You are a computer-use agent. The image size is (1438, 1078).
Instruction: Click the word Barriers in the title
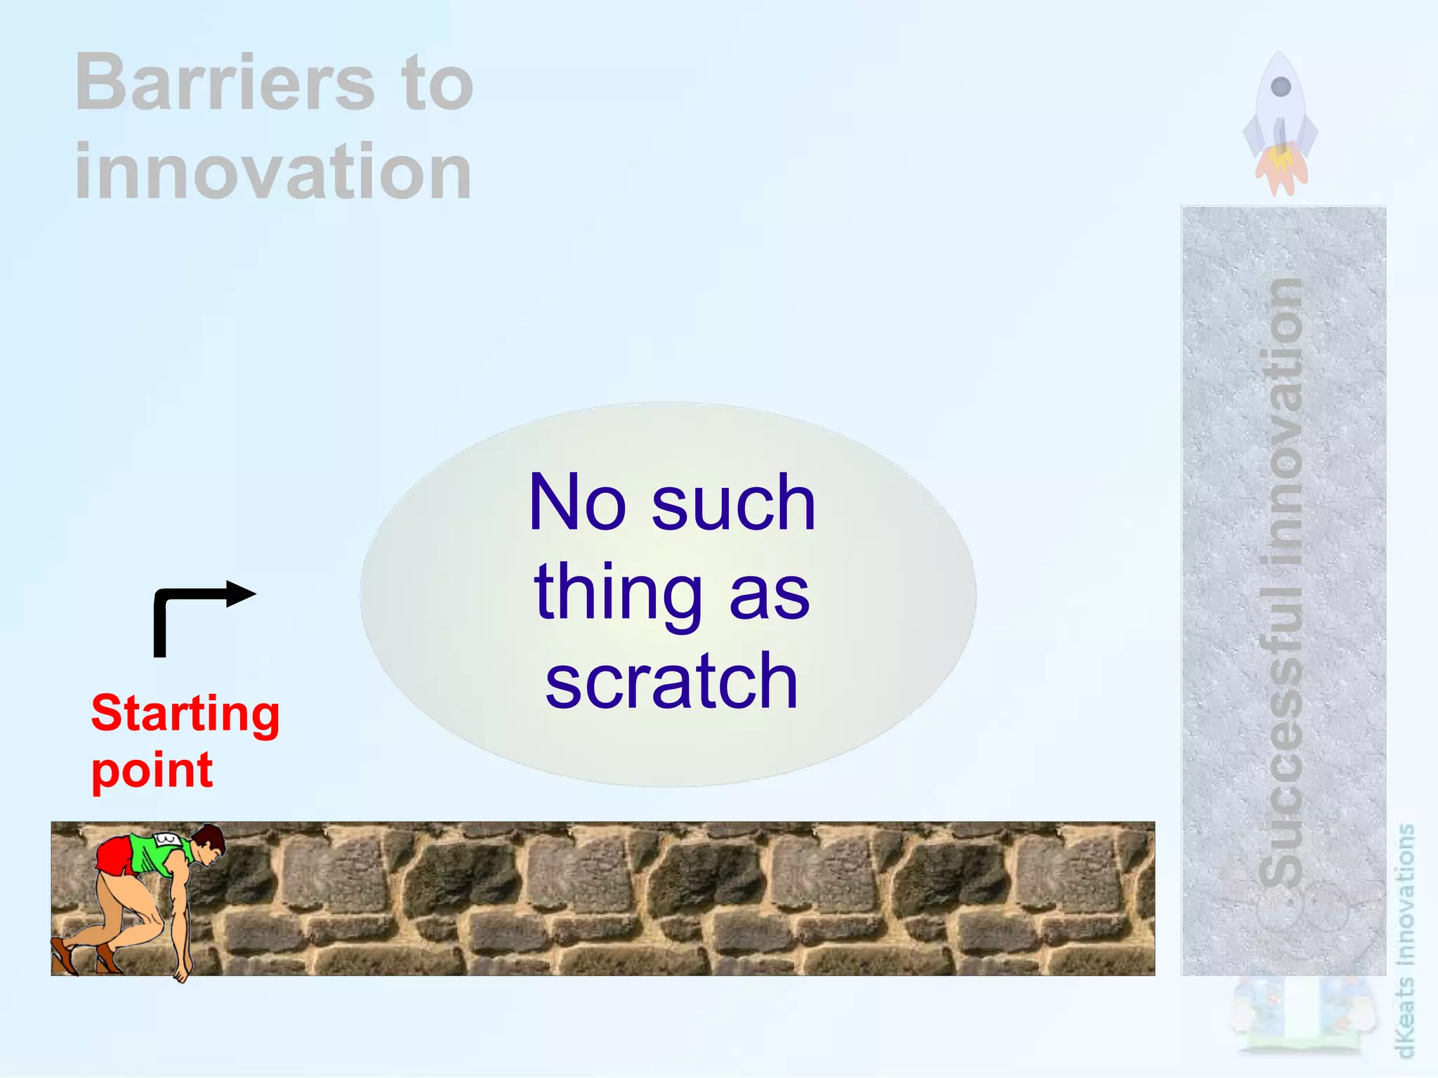click(x=225, y=83)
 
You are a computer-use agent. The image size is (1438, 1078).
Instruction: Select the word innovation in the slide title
click(x=272, y=171)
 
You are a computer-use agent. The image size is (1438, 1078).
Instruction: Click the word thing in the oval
click(x=618, y=593)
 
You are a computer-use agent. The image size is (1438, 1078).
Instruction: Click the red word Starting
click(x=185, y=714)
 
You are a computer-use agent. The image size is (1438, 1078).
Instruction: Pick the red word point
click(x=152, y=771)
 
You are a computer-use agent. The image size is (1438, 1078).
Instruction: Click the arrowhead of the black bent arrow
click(x=242, y=594)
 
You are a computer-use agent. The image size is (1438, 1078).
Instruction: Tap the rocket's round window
click(x=1281, y=87)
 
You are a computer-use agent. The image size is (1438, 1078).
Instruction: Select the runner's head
click(x=209, y=842)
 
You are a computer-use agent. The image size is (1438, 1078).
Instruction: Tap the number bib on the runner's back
click(x=167, y=839)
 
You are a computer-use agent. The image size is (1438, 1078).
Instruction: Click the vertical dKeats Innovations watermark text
click(x=1405, y=941)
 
